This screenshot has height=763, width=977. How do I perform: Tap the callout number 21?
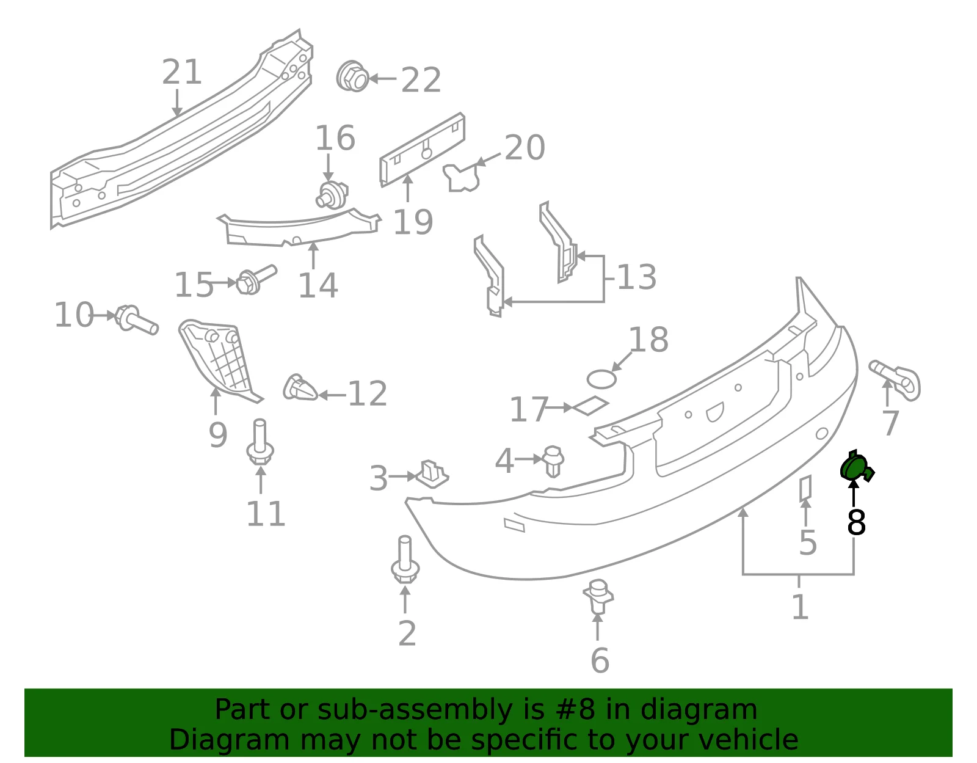pyautogui.click(x=181, y=72)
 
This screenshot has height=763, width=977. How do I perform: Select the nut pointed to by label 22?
pyautogui.click(x=352, y=76)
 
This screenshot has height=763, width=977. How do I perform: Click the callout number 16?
pyautogui.click(x=335, y=137)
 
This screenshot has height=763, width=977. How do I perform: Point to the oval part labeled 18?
pyautogui.click(x=601, y=379)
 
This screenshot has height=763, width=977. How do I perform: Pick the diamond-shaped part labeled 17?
pyautogui.click(x=590, y=406)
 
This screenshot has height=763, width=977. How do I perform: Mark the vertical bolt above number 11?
pyautogui.click(x=260, y=442)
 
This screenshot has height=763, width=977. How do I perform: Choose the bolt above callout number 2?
pyautogui.click(x=405, y=560)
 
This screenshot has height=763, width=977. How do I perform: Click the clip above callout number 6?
pyautogui.click(x=598, y=596)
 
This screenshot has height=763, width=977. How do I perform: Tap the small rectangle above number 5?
pyautogui.click(x=805, y=489)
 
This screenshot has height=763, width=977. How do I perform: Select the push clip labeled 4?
pyautogui.click(x=553, y=461)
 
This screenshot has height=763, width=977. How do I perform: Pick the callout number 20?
pyautogui.click(x=525, y=147)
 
